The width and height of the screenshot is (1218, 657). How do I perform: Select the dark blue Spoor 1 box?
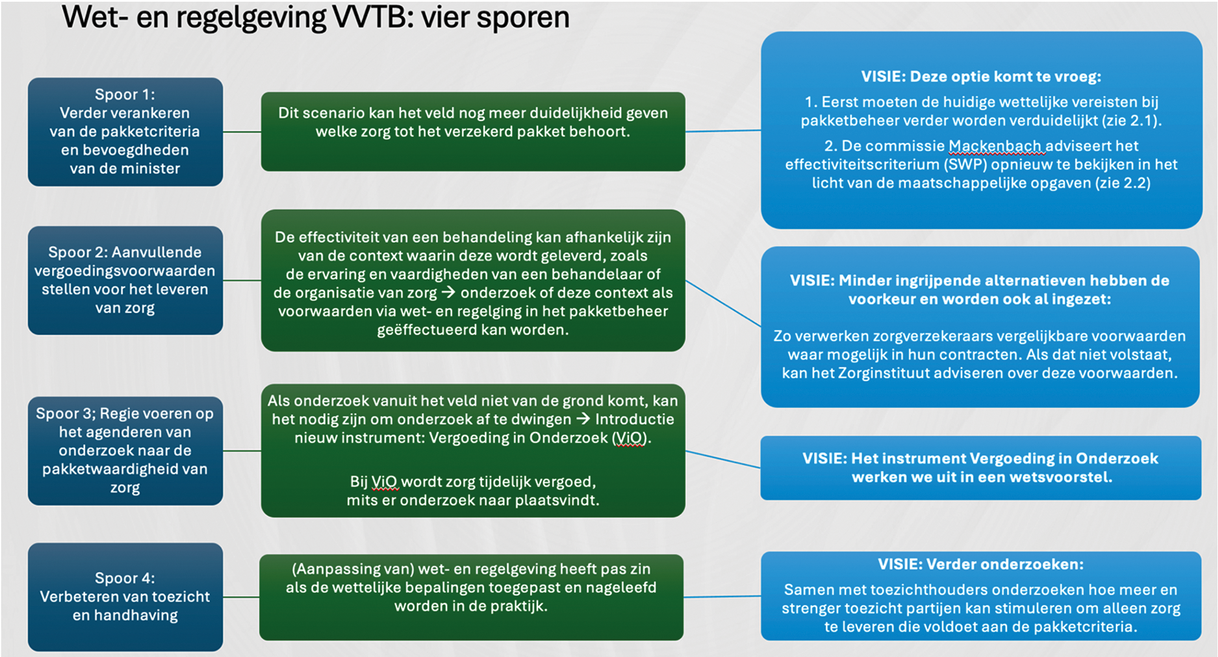[x=125, y=132]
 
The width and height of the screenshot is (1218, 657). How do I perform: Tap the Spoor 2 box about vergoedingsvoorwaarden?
[x=125, y=280]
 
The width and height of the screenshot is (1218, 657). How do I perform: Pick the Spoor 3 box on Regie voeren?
[x=125, y=450]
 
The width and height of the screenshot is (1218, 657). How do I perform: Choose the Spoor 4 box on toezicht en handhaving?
[x=125, y=596]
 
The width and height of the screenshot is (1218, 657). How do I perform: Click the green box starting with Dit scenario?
[x=473, y=132]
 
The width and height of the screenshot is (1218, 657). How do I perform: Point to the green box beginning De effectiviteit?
[x=473, y=280]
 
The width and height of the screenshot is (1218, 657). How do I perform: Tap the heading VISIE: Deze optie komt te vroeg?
[x=981, y=77]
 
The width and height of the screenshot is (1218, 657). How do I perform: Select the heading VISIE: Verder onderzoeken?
[x=981, y=564]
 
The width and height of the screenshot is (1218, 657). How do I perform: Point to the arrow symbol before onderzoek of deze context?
[x=448, y=293]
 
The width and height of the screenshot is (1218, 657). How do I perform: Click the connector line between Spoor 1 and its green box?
[x=242, y=132]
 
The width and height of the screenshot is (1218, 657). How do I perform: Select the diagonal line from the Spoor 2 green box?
[x=723, y=304]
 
